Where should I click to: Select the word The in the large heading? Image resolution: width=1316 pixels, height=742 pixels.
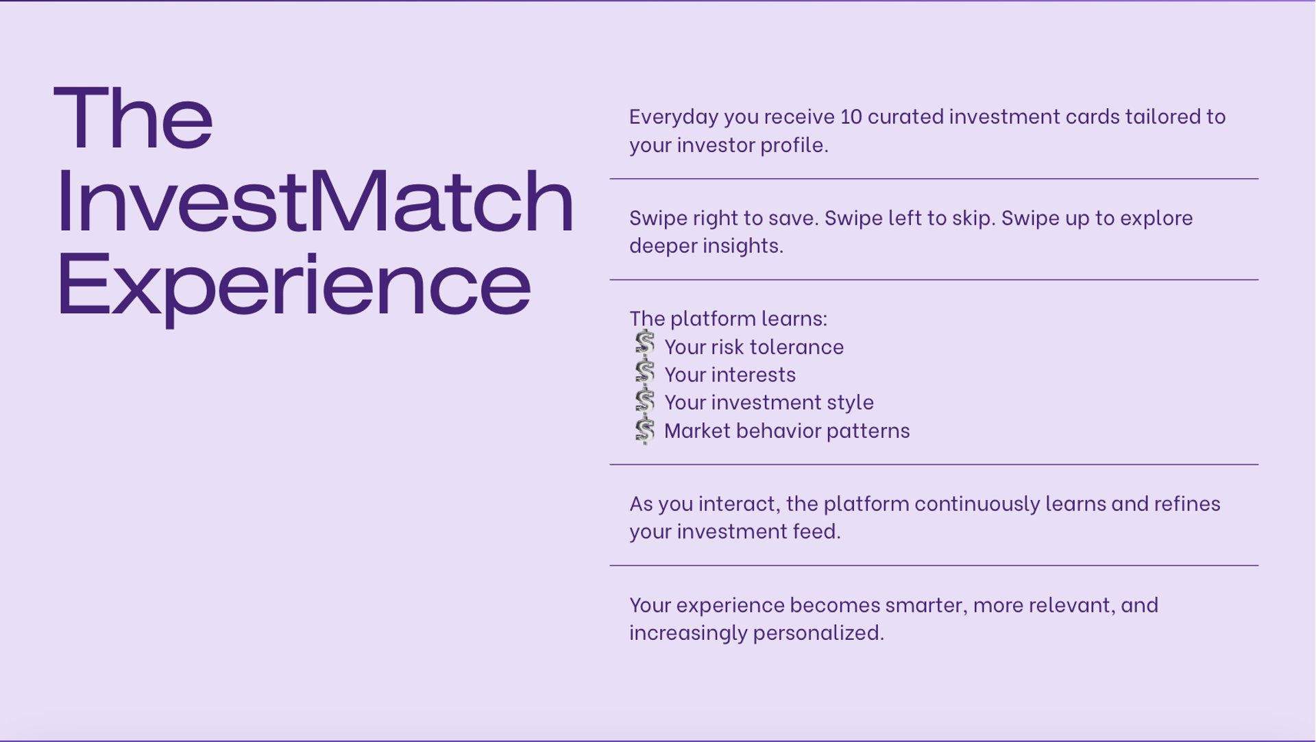pyautogui.click(x=133, y=116)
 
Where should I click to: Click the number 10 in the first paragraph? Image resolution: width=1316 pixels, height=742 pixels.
pyautogui.click(x=851, y=116)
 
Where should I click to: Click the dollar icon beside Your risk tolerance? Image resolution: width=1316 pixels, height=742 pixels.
pyautogui.click(x=644, y=345)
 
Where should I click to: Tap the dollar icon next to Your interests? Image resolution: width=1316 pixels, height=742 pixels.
pyautogui.click(x=644, y=373)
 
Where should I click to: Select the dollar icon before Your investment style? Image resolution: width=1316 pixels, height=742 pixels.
pyautogui.click(x=644, y=401)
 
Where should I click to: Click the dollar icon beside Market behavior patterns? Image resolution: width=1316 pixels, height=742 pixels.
pyautogui.click(x=644, y=430)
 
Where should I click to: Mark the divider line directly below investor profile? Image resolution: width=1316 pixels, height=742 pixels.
pyautogui.click(x=934, y=179)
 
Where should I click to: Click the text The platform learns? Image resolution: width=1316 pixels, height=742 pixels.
pyautogui.click(x=729, y=319)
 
